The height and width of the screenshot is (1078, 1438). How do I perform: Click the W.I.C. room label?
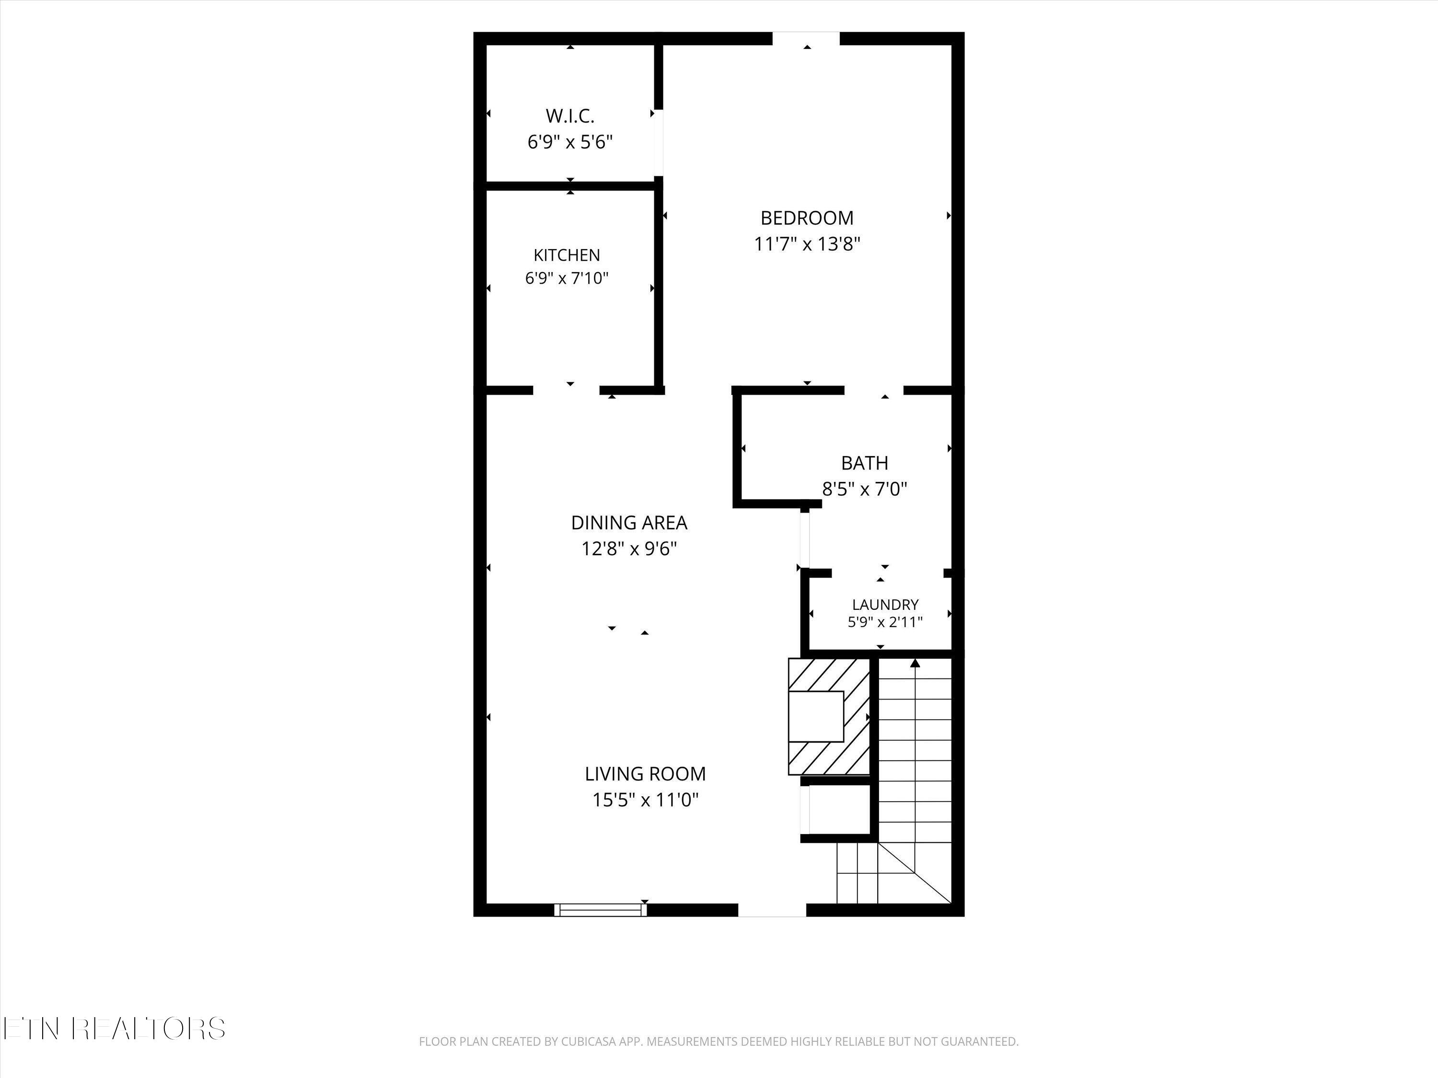point(570,116)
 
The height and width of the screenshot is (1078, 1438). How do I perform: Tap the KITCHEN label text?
point(567,255)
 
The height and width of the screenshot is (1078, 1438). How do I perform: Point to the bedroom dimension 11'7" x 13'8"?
point(807,244)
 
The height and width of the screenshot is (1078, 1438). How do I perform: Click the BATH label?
point(865,463)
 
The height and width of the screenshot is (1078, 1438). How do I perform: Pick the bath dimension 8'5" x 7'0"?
point(865,489)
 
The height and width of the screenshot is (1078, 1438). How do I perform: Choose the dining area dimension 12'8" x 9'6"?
point(628,549)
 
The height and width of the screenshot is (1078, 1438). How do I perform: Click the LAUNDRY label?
point(885,605)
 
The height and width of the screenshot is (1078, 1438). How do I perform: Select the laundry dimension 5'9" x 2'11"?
point(885,622)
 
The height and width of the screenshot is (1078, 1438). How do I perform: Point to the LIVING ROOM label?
point(645,774)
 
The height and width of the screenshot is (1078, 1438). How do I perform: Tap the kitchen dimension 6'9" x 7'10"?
point(567,278)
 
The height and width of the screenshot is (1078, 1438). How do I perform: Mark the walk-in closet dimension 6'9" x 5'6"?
point(570,142)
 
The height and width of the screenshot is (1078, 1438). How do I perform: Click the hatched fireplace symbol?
point(829,717)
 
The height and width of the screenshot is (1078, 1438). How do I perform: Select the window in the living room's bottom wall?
point(600,910)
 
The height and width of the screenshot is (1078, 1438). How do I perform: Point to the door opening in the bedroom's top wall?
point(806,39)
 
